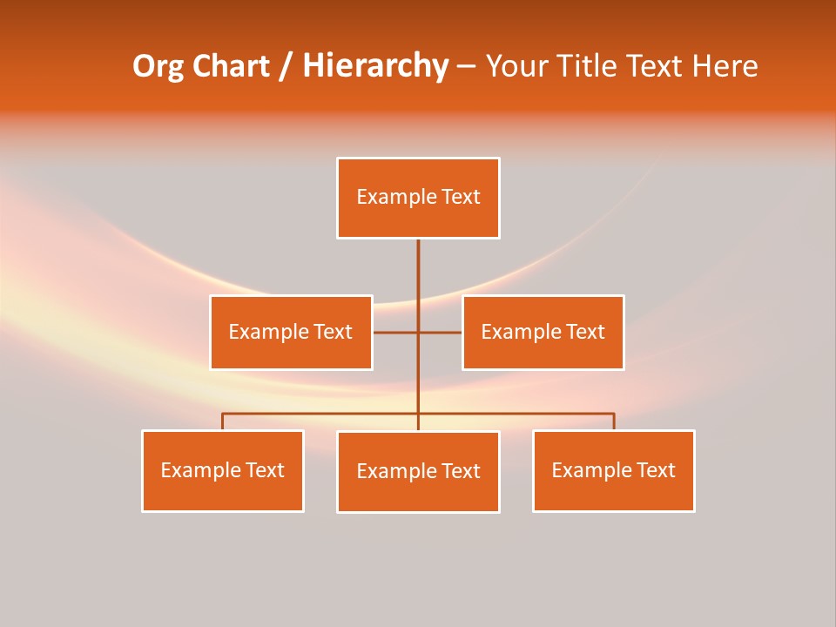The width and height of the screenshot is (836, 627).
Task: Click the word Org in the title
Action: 157,66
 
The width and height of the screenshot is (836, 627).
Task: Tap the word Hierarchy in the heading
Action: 375,66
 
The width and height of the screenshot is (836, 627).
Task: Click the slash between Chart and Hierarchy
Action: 286,67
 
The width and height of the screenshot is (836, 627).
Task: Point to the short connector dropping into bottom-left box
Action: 222,421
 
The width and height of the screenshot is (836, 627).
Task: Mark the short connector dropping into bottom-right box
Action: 614,421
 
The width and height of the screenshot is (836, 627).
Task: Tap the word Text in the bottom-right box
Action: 655,470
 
